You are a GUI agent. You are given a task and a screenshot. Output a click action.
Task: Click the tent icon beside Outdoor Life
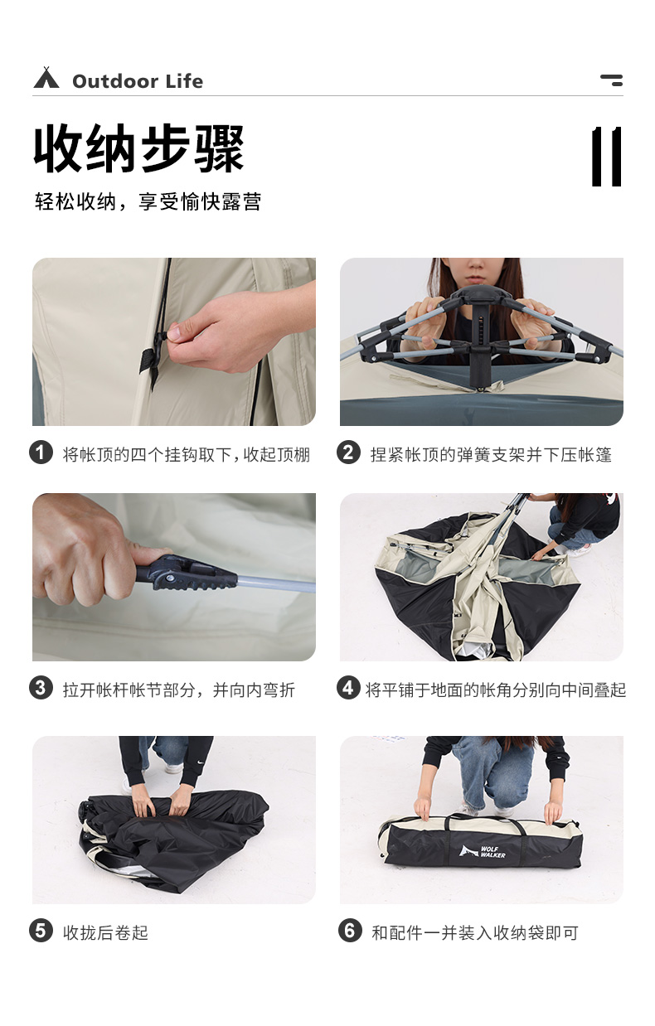(x=46, y=79)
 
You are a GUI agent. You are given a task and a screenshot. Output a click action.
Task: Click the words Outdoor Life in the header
(x=137, y=81)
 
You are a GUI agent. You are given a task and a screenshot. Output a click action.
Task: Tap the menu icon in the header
(x=611, y=80)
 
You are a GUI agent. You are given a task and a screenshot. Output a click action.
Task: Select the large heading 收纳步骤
(x=139, y=150)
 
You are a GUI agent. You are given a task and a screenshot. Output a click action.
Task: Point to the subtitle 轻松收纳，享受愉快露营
(x=148, y=202)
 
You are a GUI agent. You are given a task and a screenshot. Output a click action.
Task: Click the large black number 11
(x=606, y=157)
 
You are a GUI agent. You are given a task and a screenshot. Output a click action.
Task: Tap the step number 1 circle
(x=41, y=453)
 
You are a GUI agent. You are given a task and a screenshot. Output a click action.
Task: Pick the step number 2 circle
(x=348, y=453)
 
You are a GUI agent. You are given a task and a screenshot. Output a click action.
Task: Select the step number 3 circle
(x=41, y=688)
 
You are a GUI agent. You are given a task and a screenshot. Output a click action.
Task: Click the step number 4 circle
(x=348, y=688)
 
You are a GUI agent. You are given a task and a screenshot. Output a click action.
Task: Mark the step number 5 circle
(x=41, y=931)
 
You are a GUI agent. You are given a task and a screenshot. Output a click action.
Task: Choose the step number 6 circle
(x=348, y=931)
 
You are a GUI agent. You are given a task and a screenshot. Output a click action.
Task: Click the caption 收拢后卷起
(x=105, y=932)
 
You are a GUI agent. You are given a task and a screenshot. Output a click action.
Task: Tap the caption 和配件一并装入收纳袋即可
(x=474, y=932)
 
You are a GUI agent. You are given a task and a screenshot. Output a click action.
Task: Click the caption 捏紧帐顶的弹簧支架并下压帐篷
(x=491, y=454)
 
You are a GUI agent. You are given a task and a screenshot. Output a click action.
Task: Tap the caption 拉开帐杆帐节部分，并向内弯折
(x=178, y=690)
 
